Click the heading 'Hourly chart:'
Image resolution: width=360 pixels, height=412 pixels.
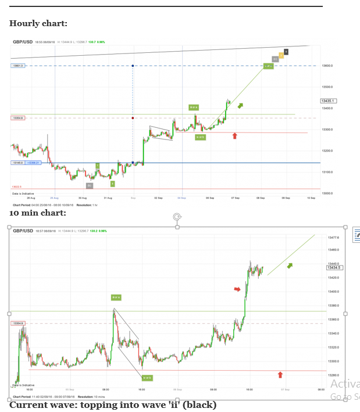38,24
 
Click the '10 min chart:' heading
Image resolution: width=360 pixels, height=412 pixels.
37,213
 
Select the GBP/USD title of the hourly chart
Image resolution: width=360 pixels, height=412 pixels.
22,42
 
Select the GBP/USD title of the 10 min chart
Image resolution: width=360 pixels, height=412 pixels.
23,231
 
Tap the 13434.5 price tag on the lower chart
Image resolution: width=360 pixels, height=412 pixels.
334,268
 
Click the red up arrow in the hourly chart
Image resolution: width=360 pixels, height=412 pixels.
234,136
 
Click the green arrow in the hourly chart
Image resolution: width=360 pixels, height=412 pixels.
240,105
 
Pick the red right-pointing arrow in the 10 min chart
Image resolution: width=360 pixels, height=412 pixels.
237,289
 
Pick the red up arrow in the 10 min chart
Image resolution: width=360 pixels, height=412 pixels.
280,375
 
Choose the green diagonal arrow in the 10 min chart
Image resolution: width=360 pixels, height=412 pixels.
289,266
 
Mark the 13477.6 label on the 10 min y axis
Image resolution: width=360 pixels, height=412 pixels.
333,238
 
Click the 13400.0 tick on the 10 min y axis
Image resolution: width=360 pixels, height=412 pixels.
333,292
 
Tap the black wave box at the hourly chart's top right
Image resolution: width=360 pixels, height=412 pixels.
286,52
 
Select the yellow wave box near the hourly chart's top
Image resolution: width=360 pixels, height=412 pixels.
281,56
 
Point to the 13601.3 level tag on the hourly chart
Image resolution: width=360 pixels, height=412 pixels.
17,66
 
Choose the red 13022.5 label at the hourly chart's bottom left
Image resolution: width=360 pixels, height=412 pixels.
17,187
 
